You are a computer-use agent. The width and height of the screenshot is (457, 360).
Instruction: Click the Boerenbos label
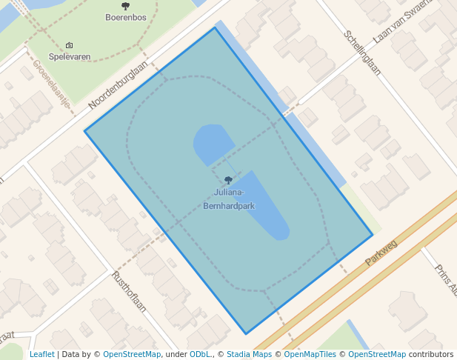(125, 17)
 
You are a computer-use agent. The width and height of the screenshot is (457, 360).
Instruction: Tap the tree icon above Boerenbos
(125, 7)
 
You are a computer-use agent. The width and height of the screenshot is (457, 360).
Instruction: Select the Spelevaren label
(70, 56)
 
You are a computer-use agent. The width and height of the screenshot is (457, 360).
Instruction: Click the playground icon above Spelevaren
(70, 46)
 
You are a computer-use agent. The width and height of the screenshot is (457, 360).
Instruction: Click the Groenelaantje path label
(51, 83)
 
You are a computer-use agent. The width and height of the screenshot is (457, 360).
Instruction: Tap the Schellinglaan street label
(362, 53)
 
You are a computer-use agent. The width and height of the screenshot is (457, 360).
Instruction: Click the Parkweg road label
(381, 253)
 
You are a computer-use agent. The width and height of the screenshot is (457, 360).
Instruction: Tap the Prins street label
(445, 280)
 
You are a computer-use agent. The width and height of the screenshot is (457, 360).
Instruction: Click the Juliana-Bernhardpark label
(228, 201)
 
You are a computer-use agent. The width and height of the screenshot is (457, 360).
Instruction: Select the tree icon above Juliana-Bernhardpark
(228, 180)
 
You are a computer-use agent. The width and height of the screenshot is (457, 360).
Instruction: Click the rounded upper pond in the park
(213, 142)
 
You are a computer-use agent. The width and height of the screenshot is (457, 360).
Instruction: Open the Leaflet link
(41, 354)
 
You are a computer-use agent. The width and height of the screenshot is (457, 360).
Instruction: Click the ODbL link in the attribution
(199, 354)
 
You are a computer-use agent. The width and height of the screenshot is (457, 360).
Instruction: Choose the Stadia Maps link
(249, 354)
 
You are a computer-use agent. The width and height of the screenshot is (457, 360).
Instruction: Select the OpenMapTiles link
(311, 354)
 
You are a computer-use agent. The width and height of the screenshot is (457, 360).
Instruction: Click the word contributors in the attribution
(431, 354)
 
